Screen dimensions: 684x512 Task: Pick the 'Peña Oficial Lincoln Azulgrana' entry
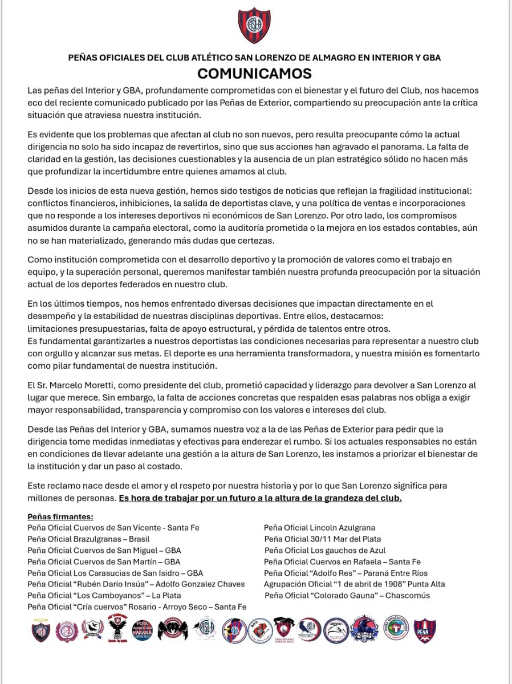pos(319,528)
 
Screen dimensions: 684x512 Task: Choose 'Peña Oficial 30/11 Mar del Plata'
pos(322,539)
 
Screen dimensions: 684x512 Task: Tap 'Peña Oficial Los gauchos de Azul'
pos(324,550)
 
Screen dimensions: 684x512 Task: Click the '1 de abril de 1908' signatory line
pos(354,584)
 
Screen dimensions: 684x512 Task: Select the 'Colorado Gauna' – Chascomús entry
pos(347,596)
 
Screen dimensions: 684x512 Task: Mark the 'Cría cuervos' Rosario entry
pos(137,607)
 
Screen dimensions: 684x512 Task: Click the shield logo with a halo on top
pos(41,630)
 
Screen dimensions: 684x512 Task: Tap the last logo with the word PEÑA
pos(424,631)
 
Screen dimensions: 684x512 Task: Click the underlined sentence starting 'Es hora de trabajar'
pos(260,498)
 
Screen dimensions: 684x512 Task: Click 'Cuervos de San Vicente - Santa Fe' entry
pos(113,528)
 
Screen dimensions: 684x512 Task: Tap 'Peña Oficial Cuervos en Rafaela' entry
pos(342,561)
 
